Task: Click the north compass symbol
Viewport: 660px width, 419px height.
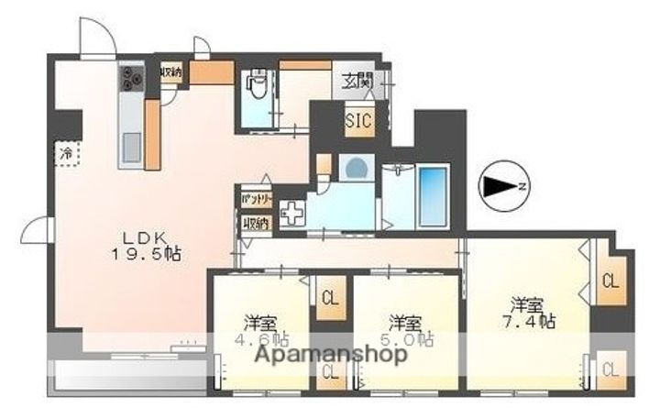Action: click(502, 186)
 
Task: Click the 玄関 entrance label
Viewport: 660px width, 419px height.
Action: click(357, 81)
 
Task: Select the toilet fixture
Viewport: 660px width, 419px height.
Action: click(257, 88)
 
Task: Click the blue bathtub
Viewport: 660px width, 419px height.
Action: click(433, 196)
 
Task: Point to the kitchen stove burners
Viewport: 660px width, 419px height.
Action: click(130, 80)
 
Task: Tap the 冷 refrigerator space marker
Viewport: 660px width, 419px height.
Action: click(67, 152)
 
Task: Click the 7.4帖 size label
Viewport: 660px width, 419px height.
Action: click(533, 322)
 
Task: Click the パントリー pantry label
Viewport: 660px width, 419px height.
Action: click(256, 198)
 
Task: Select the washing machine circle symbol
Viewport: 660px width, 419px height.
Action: click(353, 169)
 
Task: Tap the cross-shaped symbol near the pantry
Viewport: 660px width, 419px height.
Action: click(291, 214)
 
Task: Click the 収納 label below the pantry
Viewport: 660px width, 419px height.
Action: click(256, 222)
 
